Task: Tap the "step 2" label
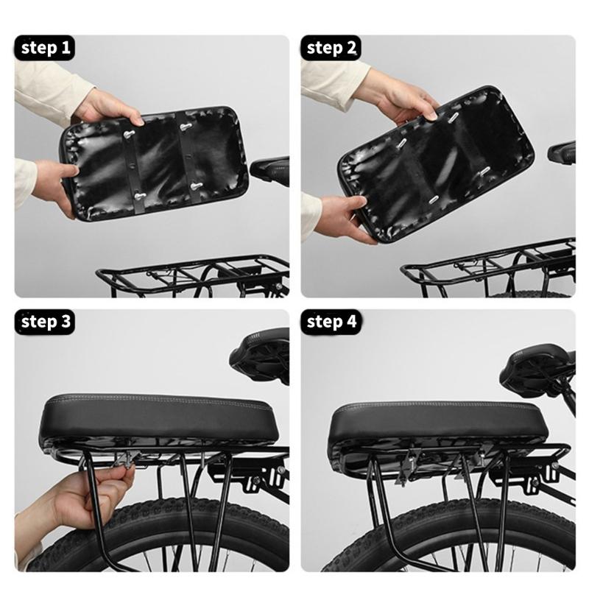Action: coord(331,49)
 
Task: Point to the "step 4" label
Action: coord(331,322)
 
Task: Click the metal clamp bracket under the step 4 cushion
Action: coord(409,468)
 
